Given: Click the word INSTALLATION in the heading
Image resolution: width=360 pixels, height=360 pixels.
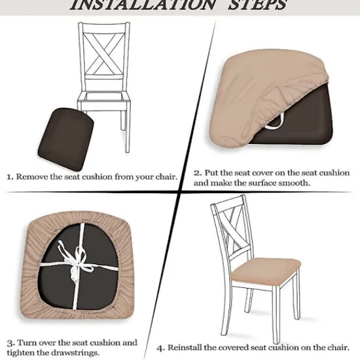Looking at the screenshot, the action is (142, 5).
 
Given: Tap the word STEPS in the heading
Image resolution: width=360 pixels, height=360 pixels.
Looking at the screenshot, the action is (257, 5).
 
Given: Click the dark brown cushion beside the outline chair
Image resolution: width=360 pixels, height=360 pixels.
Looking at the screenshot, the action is (66, 139).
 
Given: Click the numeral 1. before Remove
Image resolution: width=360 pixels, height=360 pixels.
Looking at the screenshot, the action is (10, 177).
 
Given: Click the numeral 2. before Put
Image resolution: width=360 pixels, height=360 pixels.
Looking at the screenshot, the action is (198, 173).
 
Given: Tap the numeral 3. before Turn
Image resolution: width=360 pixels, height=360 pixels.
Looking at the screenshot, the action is (11, 343).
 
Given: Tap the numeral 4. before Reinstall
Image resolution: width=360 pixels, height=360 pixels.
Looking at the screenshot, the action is (161, 348).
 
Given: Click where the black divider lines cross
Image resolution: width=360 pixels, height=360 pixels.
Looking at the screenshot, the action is (180, 191).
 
